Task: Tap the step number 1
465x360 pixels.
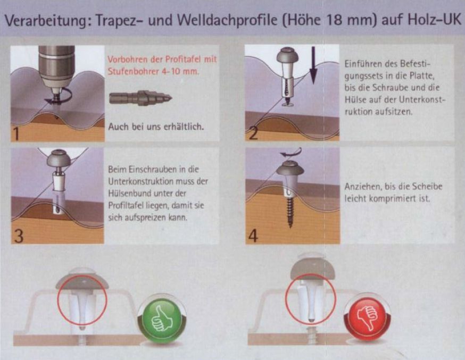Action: [16, 133]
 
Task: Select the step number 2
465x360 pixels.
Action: [253, 133]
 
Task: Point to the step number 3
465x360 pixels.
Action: [19, 236]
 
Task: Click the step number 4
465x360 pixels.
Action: [253, 236]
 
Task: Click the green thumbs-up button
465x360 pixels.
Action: [161, 320]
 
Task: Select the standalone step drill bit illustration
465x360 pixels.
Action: [140, 98]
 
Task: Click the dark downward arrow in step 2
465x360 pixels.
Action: [313, 65]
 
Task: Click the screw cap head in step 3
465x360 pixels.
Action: [59, 158]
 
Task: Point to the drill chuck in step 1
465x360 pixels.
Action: [56, 68]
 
